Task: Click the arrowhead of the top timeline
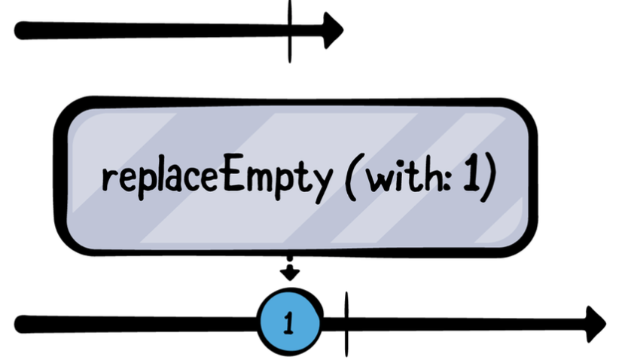332,30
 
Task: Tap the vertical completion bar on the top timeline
289,30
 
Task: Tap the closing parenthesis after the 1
490,179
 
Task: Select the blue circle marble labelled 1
290,322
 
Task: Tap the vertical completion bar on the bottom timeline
346,323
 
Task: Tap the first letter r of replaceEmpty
107,181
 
